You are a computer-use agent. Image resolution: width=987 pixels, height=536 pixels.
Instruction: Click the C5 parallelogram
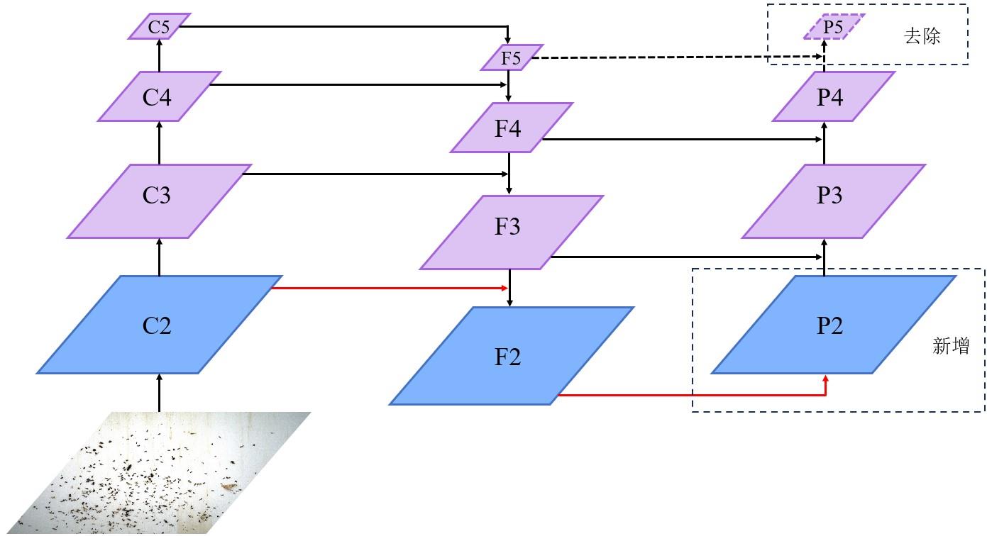pos(159,27)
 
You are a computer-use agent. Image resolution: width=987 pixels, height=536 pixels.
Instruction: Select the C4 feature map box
pos(158,96)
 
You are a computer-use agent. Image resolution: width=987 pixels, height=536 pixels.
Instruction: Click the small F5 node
pos(511,57)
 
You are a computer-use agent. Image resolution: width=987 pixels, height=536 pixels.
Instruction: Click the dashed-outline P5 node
pos(833,27)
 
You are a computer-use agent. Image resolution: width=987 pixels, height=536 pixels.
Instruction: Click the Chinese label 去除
pos(922,37)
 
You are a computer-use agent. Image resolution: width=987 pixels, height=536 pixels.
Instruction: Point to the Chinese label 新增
pos(950,346)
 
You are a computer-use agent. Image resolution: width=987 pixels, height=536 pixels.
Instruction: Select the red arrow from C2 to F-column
pos(390,288)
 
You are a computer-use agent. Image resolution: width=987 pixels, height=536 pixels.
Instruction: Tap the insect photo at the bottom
pos(156,475)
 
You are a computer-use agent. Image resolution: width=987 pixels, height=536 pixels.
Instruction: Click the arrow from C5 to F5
pos(341,27)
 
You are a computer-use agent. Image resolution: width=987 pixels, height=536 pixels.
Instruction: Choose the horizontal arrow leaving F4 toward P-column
pos(681,140)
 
